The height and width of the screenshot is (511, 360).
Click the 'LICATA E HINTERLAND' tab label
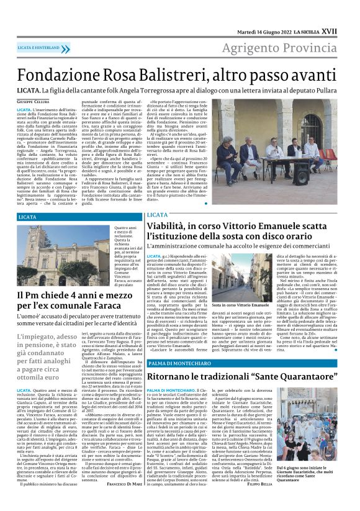click(39, 47)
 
